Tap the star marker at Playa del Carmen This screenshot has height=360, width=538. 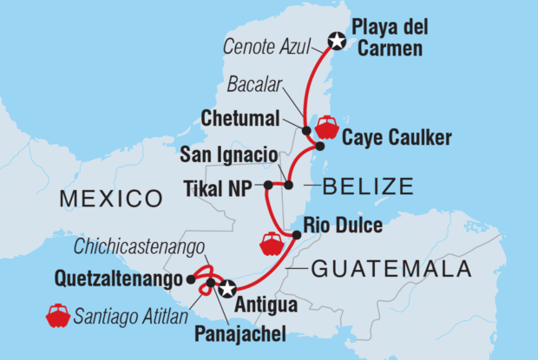tap(337, 40)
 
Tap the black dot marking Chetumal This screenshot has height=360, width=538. tap(306, 130)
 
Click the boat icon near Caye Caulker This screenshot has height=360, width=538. tap(327, 128)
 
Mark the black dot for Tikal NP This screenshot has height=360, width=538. tap(268, 185)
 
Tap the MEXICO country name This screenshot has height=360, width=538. tap(110, 200)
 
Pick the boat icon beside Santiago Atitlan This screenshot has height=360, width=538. tap(58, 315)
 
